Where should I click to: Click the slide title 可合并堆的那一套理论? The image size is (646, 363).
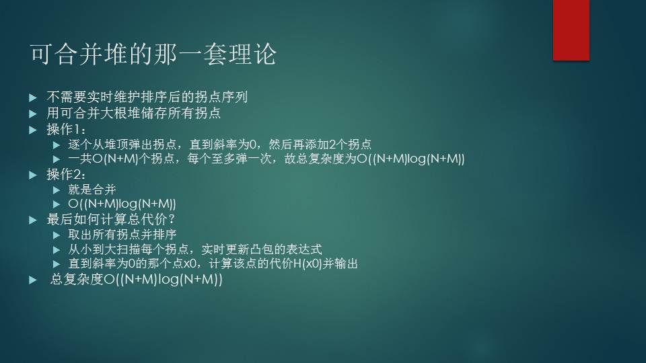[153, 54]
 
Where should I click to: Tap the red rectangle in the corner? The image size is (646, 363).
[571, 30]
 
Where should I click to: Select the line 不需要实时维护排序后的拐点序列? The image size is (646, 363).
[147, 97]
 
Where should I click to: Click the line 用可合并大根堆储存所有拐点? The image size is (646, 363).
[133, 113]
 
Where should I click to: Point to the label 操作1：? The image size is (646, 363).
[66, 130]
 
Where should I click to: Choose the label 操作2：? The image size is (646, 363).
[66, 175]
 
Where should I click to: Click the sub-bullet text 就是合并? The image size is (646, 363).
[92, 190]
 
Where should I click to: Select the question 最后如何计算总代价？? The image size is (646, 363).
[111, 219]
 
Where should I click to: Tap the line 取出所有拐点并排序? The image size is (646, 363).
[122, 235]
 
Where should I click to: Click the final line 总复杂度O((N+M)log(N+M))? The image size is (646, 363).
[136, 280]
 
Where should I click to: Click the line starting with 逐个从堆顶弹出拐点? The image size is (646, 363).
[219, 145]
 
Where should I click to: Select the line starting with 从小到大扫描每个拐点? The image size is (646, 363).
[195, 249]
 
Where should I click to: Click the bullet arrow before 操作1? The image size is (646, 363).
[33, 130]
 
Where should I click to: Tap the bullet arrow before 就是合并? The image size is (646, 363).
[57, 190]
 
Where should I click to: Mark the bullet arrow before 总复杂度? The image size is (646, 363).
[33, 280]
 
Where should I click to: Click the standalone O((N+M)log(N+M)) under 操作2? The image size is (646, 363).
[122, 204]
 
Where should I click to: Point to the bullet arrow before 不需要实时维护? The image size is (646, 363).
[33, 97]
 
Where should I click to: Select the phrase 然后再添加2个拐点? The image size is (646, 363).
[320, 145]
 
